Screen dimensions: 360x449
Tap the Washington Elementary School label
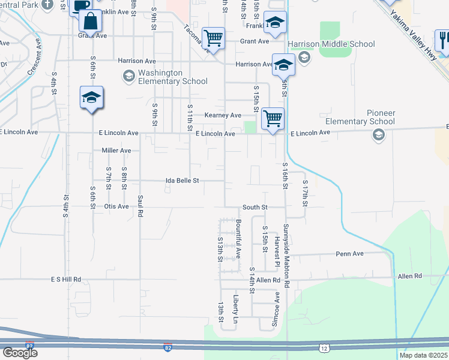172,77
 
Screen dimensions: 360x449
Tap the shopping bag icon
90,21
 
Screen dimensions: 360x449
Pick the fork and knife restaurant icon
443,40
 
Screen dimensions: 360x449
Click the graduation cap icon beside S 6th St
91,97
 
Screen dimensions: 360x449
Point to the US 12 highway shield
324,348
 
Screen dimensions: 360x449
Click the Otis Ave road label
116,207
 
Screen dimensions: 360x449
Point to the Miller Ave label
116,151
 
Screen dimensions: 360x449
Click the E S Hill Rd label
66,280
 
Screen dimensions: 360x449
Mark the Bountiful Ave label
238,239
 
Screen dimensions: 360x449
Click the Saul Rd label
140,205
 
